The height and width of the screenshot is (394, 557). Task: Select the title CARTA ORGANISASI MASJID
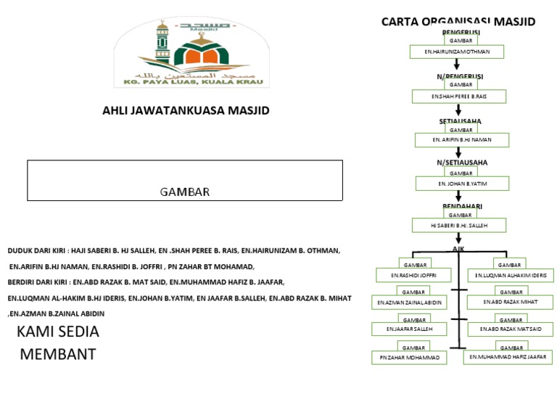point(458,22)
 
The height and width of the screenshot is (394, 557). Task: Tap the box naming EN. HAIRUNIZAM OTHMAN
point(456,52)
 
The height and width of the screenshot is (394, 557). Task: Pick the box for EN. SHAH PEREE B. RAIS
point(458,96)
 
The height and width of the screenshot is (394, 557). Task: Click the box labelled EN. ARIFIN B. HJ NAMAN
point(461,139)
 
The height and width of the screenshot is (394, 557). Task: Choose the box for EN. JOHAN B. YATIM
point(463,184)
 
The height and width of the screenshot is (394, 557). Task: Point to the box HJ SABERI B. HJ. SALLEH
point(458,226)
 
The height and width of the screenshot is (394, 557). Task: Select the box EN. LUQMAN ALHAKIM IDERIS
point(511,275)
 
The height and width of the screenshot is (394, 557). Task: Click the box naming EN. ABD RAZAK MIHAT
point(511,302)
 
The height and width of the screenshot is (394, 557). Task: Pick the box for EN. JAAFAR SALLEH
point(410,329)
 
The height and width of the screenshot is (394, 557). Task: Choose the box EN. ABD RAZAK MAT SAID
point(511,329)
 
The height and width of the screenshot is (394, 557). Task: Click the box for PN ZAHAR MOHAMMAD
point(409,357)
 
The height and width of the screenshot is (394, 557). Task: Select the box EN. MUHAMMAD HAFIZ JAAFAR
point(508,357)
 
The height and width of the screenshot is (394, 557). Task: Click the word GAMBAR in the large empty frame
point(185,192)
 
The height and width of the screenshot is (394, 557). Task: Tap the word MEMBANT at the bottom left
point(57,356)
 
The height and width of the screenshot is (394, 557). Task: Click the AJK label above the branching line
point(458,249)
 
